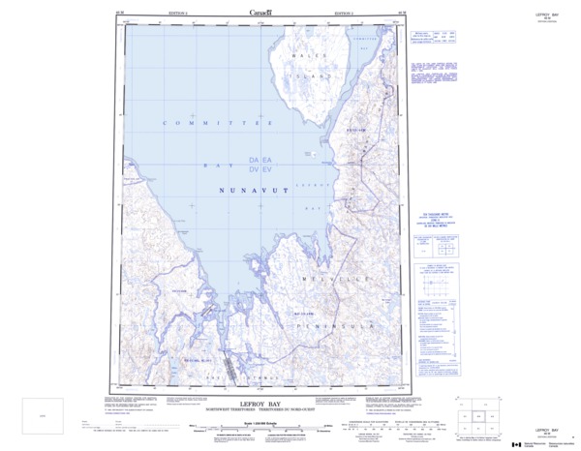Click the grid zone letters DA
point(255,159)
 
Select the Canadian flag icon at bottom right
point(515,443)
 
